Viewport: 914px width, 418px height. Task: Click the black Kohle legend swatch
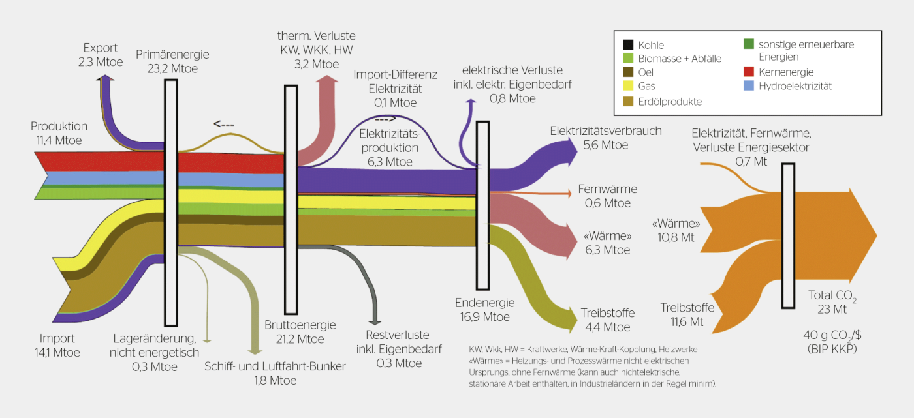[627, 45]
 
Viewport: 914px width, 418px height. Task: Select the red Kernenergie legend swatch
[749, 72]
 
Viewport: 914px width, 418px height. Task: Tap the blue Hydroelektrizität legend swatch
[749, 86]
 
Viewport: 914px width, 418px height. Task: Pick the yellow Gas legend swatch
[627, 85]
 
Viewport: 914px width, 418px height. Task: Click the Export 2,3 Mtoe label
[101, 54]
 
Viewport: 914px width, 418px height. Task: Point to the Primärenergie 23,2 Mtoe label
[166, 61]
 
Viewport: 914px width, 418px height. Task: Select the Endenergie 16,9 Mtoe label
[484, 310]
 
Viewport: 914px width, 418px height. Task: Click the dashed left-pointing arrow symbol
[224, 124]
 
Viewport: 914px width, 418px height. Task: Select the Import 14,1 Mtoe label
[57, 346]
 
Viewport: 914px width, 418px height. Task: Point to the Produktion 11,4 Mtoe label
[59, 132]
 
